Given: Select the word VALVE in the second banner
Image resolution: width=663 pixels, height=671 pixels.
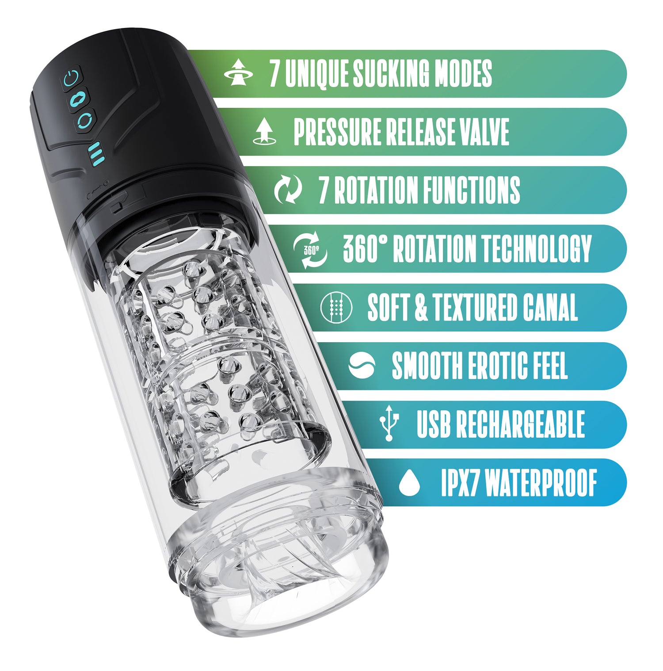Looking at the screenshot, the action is click(x=484, y=131).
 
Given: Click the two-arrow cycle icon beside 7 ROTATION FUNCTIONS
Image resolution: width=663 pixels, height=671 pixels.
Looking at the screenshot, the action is click(x=288, y=190).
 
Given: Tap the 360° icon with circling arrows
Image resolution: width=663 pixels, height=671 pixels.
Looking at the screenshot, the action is click(x=310, y=249).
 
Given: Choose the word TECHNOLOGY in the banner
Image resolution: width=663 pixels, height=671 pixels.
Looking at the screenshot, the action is click(x=537, y=248).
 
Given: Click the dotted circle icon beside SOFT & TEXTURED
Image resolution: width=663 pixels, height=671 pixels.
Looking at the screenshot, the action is click(x=336, y=306).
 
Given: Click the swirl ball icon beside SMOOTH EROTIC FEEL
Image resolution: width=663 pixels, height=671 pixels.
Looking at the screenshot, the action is click(x=362, y=365).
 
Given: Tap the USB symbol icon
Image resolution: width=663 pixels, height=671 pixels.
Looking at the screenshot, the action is click(x=389, y=423).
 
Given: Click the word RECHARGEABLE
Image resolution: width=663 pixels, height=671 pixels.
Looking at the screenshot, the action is click(x=521, y=424).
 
